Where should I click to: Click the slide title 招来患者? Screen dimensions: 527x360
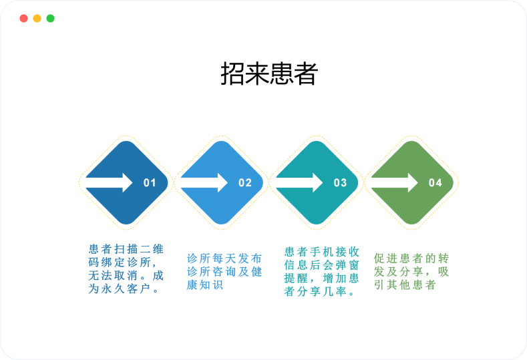[x=269, y=73]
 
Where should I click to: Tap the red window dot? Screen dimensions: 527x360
[x=23, y=18]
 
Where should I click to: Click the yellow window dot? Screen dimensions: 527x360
[x=37, y=18]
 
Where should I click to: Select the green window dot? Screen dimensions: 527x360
[x=50, y=18]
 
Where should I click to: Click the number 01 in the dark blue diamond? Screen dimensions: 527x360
[x=150, y=182]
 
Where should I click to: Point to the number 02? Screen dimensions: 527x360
[x=245, y=182]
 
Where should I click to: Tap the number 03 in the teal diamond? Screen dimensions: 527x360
[x=340, y=182]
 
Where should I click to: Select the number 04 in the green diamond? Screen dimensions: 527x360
[x=435, y=182]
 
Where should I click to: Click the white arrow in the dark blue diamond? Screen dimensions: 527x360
[x=110, y=182]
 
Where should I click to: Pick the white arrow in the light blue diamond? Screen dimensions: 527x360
[x=204, y=182]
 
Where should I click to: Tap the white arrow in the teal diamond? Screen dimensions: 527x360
[x=299, y=182]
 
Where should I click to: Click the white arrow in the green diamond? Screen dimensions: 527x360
[x=395, y=182]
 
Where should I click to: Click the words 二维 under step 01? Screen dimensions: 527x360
[x=152, y=249]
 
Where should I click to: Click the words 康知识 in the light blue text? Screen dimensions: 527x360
[x=204, y=285]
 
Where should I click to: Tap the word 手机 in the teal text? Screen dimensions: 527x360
[x=322, y=252]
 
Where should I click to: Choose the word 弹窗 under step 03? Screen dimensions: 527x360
[x=347, y=265]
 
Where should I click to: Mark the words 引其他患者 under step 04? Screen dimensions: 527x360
[x=405, y=285]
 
